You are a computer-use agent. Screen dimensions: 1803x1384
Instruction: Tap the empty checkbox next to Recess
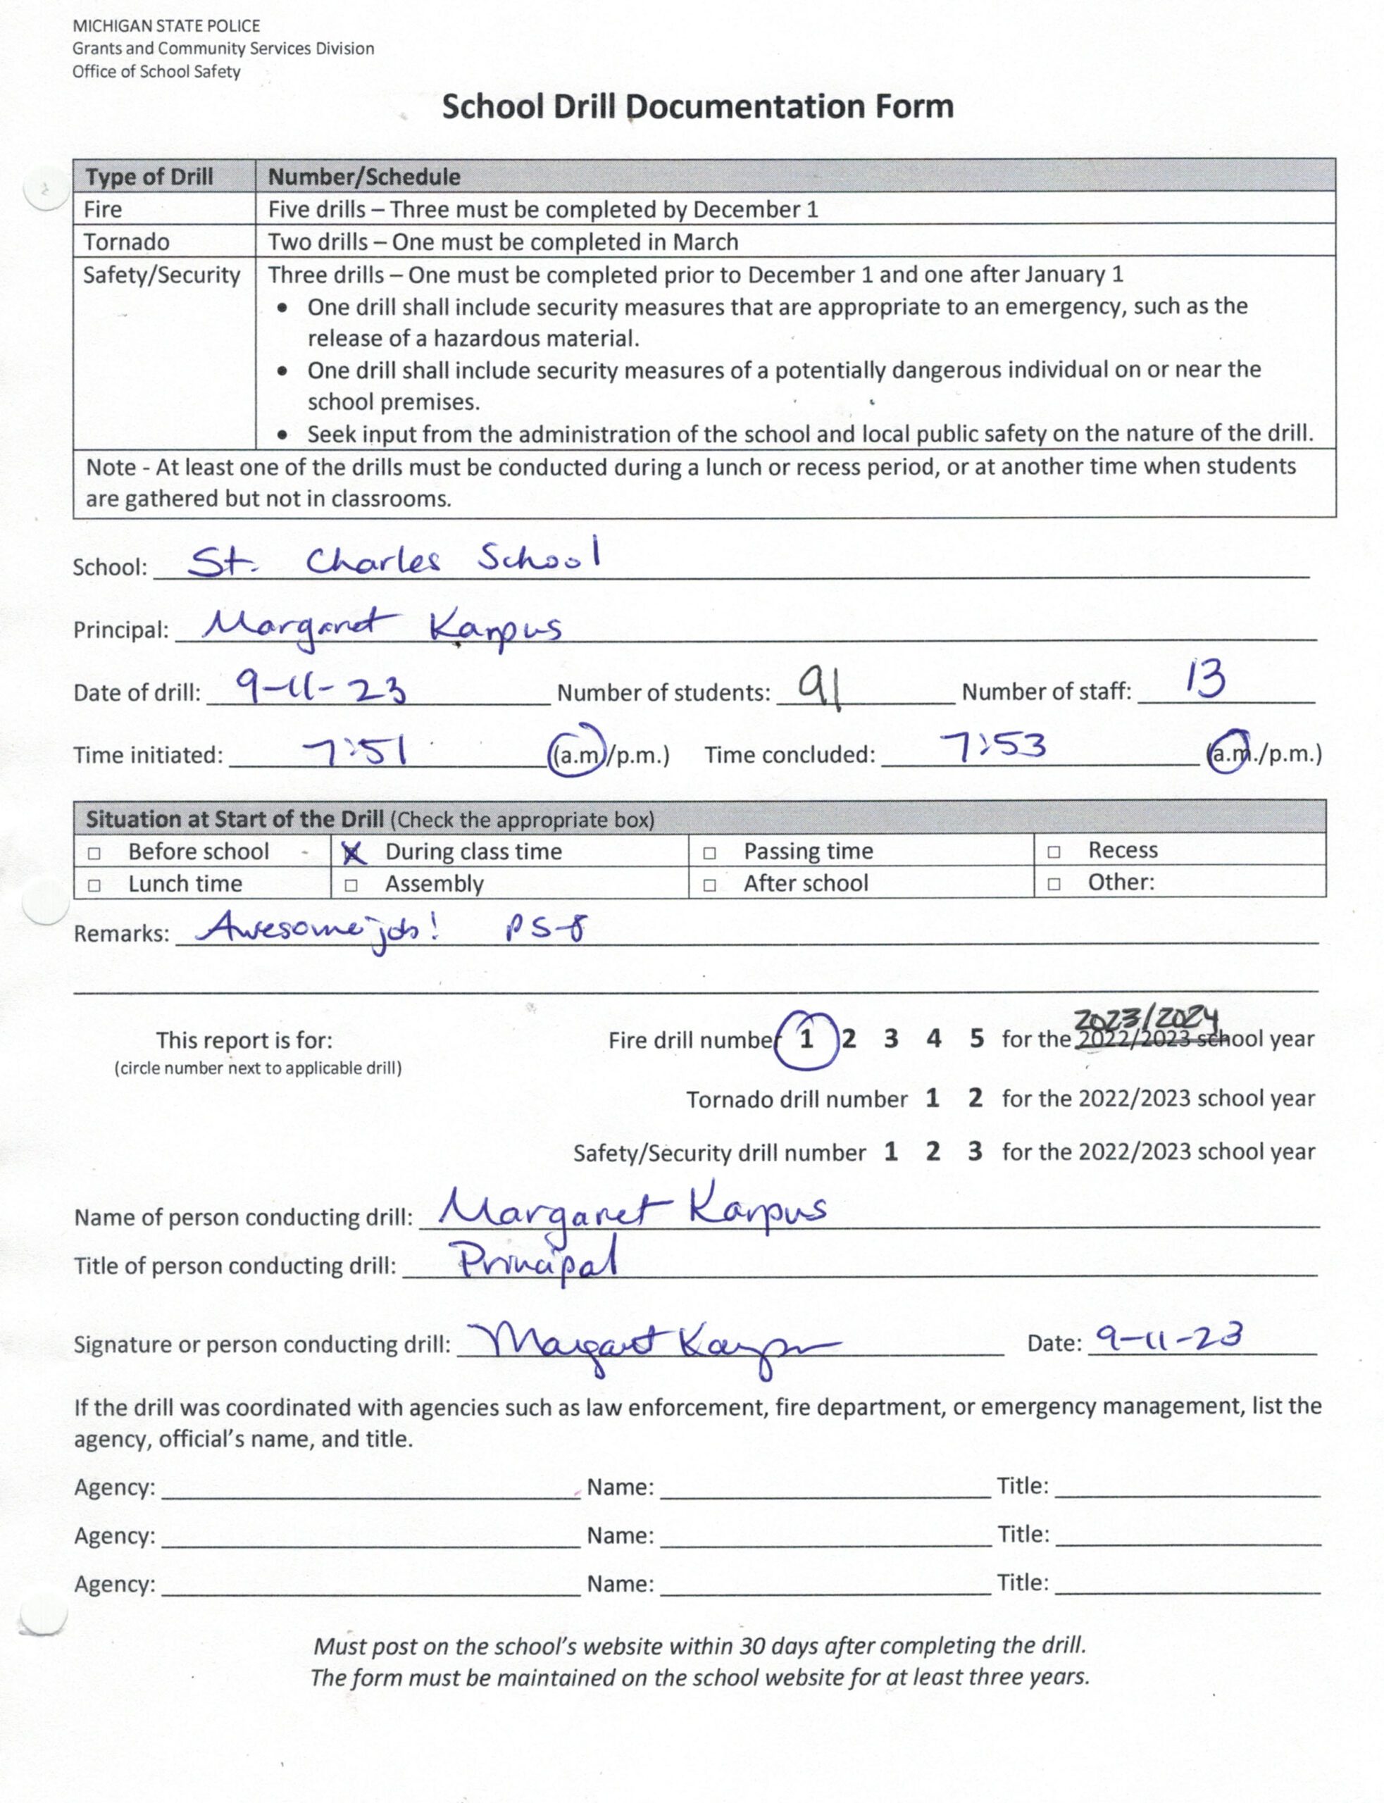coord(1053,852)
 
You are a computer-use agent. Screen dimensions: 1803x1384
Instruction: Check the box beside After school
coord(709,885)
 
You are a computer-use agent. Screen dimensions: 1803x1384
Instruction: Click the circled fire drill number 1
coord(806,1040)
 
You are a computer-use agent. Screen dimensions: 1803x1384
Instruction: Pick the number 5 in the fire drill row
coord(976,1039)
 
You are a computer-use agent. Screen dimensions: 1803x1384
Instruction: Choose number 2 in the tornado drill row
coord(975,1098)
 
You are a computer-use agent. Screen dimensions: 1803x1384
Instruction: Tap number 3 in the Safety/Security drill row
coord(975,1152)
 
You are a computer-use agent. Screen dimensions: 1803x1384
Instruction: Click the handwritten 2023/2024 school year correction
coord(1145,1021)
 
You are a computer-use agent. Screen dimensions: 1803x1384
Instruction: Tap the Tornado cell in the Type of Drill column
coord(126,242)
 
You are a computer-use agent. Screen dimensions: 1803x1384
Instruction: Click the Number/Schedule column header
coord(364,176)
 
